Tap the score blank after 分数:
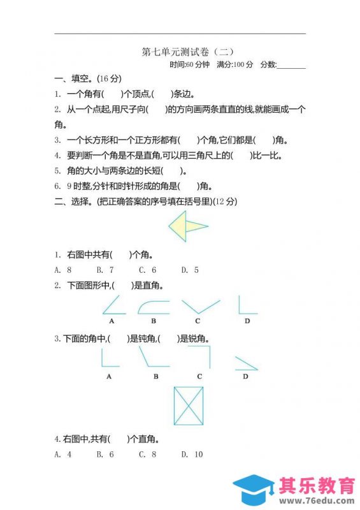pyautogui.click(x=291, y=64)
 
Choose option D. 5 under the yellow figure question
pyautogui.click(x=190, y=270)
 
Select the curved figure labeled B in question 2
pyautogui.click(x=154, y=307)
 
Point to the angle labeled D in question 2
pyautogui.click(x=247, y=305)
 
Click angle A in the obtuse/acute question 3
pyautogui.click(x=110, y=359)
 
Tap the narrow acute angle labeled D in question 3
pyautogui.click(x=245, y=363)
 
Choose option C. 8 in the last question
pyautogui.click(x=147, y=454)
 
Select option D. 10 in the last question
pyautogui.click(x=192, y=454)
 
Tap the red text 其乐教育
pyautogui.click(x=317, y=486)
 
